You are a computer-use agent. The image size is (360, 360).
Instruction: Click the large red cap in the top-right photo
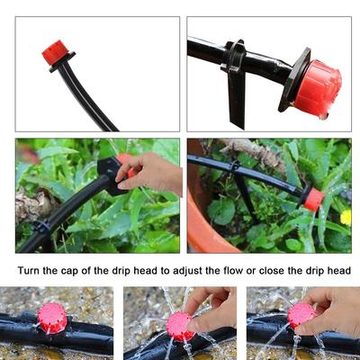(318, 87)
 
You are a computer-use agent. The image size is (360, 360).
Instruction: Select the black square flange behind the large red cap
(295, 79)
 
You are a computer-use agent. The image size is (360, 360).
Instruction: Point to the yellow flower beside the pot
(346, 217)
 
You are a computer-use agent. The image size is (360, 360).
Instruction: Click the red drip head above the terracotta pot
(314, 199)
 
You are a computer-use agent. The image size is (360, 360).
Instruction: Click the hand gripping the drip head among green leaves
(151, 173)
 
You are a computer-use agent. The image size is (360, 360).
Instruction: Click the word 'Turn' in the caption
(29, 271)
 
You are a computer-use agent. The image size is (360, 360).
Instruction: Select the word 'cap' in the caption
(70, 272)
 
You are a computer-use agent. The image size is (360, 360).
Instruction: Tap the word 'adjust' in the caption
(187, 271)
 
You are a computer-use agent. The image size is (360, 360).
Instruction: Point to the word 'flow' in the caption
(233, 271)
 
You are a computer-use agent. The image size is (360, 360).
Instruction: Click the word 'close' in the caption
(272, 271)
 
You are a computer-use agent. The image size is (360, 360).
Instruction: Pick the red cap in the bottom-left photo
(52, 318)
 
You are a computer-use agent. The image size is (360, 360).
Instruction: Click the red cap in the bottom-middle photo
(179, 326)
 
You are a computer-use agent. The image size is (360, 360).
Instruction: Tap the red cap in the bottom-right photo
(301, 315)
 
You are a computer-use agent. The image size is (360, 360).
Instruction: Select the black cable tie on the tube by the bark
(42, 226)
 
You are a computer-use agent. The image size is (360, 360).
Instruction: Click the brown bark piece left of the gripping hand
(34, 204)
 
